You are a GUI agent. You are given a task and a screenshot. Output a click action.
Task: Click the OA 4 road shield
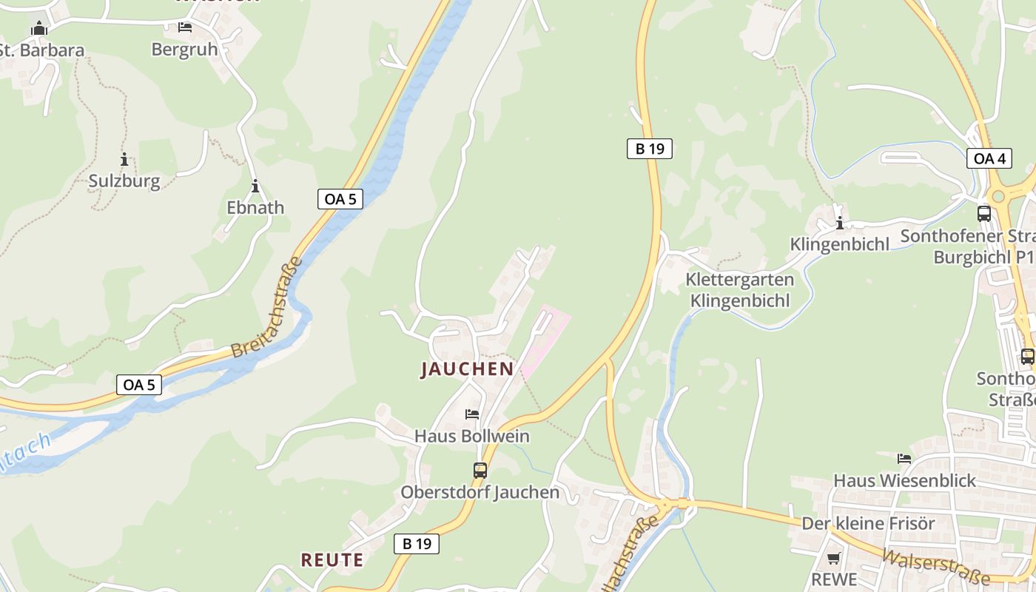(x=989, y=158)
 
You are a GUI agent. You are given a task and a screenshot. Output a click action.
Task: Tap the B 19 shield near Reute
(x=416, y=544)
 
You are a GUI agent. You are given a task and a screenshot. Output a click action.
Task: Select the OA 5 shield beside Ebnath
(x=340, y=198)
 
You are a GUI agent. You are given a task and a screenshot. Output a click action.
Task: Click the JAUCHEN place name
(x=467, y=369)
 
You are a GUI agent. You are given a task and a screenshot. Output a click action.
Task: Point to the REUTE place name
(x=332, y=560)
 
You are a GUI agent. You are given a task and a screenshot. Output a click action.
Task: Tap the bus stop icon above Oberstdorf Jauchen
(x=480, y=470)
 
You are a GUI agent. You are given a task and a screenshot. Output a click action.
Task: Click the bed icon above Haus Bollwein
(x=472, y=414)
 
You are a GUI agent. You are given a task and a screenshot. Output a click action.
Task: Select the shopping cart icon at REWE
(x=834, y=559)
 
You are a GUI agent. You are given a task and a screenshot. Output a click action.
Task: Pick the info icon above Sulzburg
(x=124, y=159)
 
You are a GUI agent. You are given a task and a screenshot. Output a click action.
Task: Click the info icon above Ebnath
(x=255, y=186)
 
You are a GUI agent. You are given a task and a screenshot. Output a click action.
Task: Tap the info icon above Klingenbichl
(x=840, y=223)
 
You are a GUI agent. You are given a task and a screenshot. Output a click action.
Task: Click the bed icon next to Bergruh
(x=185, y=27)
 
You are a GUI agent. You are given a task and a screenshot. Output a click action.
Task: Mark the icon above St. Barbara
(x=39, y=29)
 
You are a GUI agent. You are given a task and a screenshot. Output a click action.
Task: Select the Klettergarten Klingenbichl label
(x=739, y=290)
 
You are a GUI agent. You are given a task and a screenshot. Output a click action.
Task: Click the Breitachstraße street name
(x=266, y=308)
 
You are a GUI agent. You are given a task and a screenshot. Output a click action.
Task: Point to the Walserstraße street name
(x=936, y=566)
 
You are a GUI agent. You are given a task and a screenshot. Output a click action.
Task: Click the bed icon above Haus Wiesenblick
(x=904, y=459)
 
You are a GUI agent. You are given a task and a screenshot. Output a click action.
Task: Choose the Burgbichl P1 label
(x=983, y=257)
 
